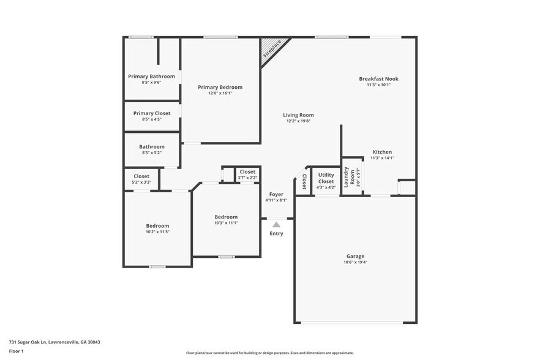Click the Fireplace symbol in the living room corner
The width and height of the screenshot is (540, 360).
[x=270, y=48]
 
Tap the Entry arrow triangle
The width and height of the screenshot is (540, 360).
[x=276, y=225]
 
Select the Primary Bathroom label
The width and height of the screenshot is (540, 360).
[x=151, y=77]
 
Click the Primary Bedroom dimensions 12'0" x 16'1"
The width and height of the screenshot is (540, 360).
[x=220, y=93]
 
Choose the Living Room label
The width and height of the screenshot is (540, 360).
[x=298, y=115]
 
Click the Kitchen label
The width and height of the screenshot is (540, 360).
[x=382, y=152]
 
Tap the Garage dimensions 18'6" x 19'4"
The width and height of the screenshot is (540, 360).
[x=355, y=262]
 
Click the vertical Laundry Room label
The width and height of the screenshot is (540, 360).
[x=347, y=177]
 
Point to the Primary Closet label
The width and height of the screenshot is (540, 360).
[x=152, y=113]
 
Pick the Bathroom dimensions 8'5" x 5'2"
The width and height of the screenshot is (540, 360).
[x=151, y=152]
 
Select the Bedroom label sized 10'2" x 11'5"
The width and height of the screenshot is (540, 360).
[x=157, y=226]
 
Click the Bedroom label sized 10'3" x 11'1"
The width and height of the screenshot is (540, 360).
[x=226, y=217]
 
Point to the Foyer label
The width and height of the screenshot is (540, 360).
[x=276, y=194]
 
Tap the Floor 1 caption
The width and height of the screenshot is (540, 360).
[x=16, y=351]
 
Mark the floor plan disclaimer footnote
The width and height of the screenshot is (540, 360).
[x=271, y=353]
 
